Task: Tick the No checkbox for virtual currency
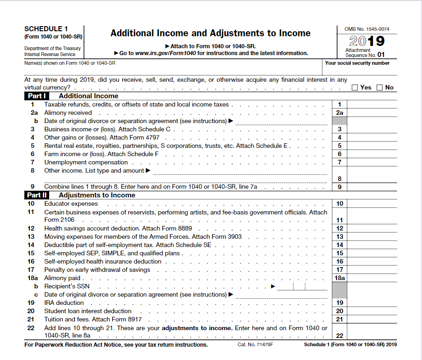point(380,88)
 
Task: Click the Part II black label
point(37,195)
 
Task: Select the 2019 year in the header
point(367,41)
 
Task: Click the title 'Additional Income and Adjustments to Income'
point(211,33)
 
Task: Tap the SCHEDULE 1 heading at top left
point(46,28)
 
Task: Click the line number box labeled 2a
point(340,112)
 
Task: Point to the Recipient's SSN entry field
point(302,287)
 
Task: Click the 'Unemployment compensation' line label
point(86,162)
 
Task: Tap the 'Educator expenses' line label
point(71,203)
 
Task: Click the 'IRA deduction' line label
point(64,303)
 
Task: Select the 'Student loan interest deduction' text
point(88,311)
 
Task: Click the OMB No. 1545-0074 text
point(367,29)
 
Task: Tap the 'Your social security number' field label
point(357,63)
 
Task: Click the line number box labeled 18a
point(340,278)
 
